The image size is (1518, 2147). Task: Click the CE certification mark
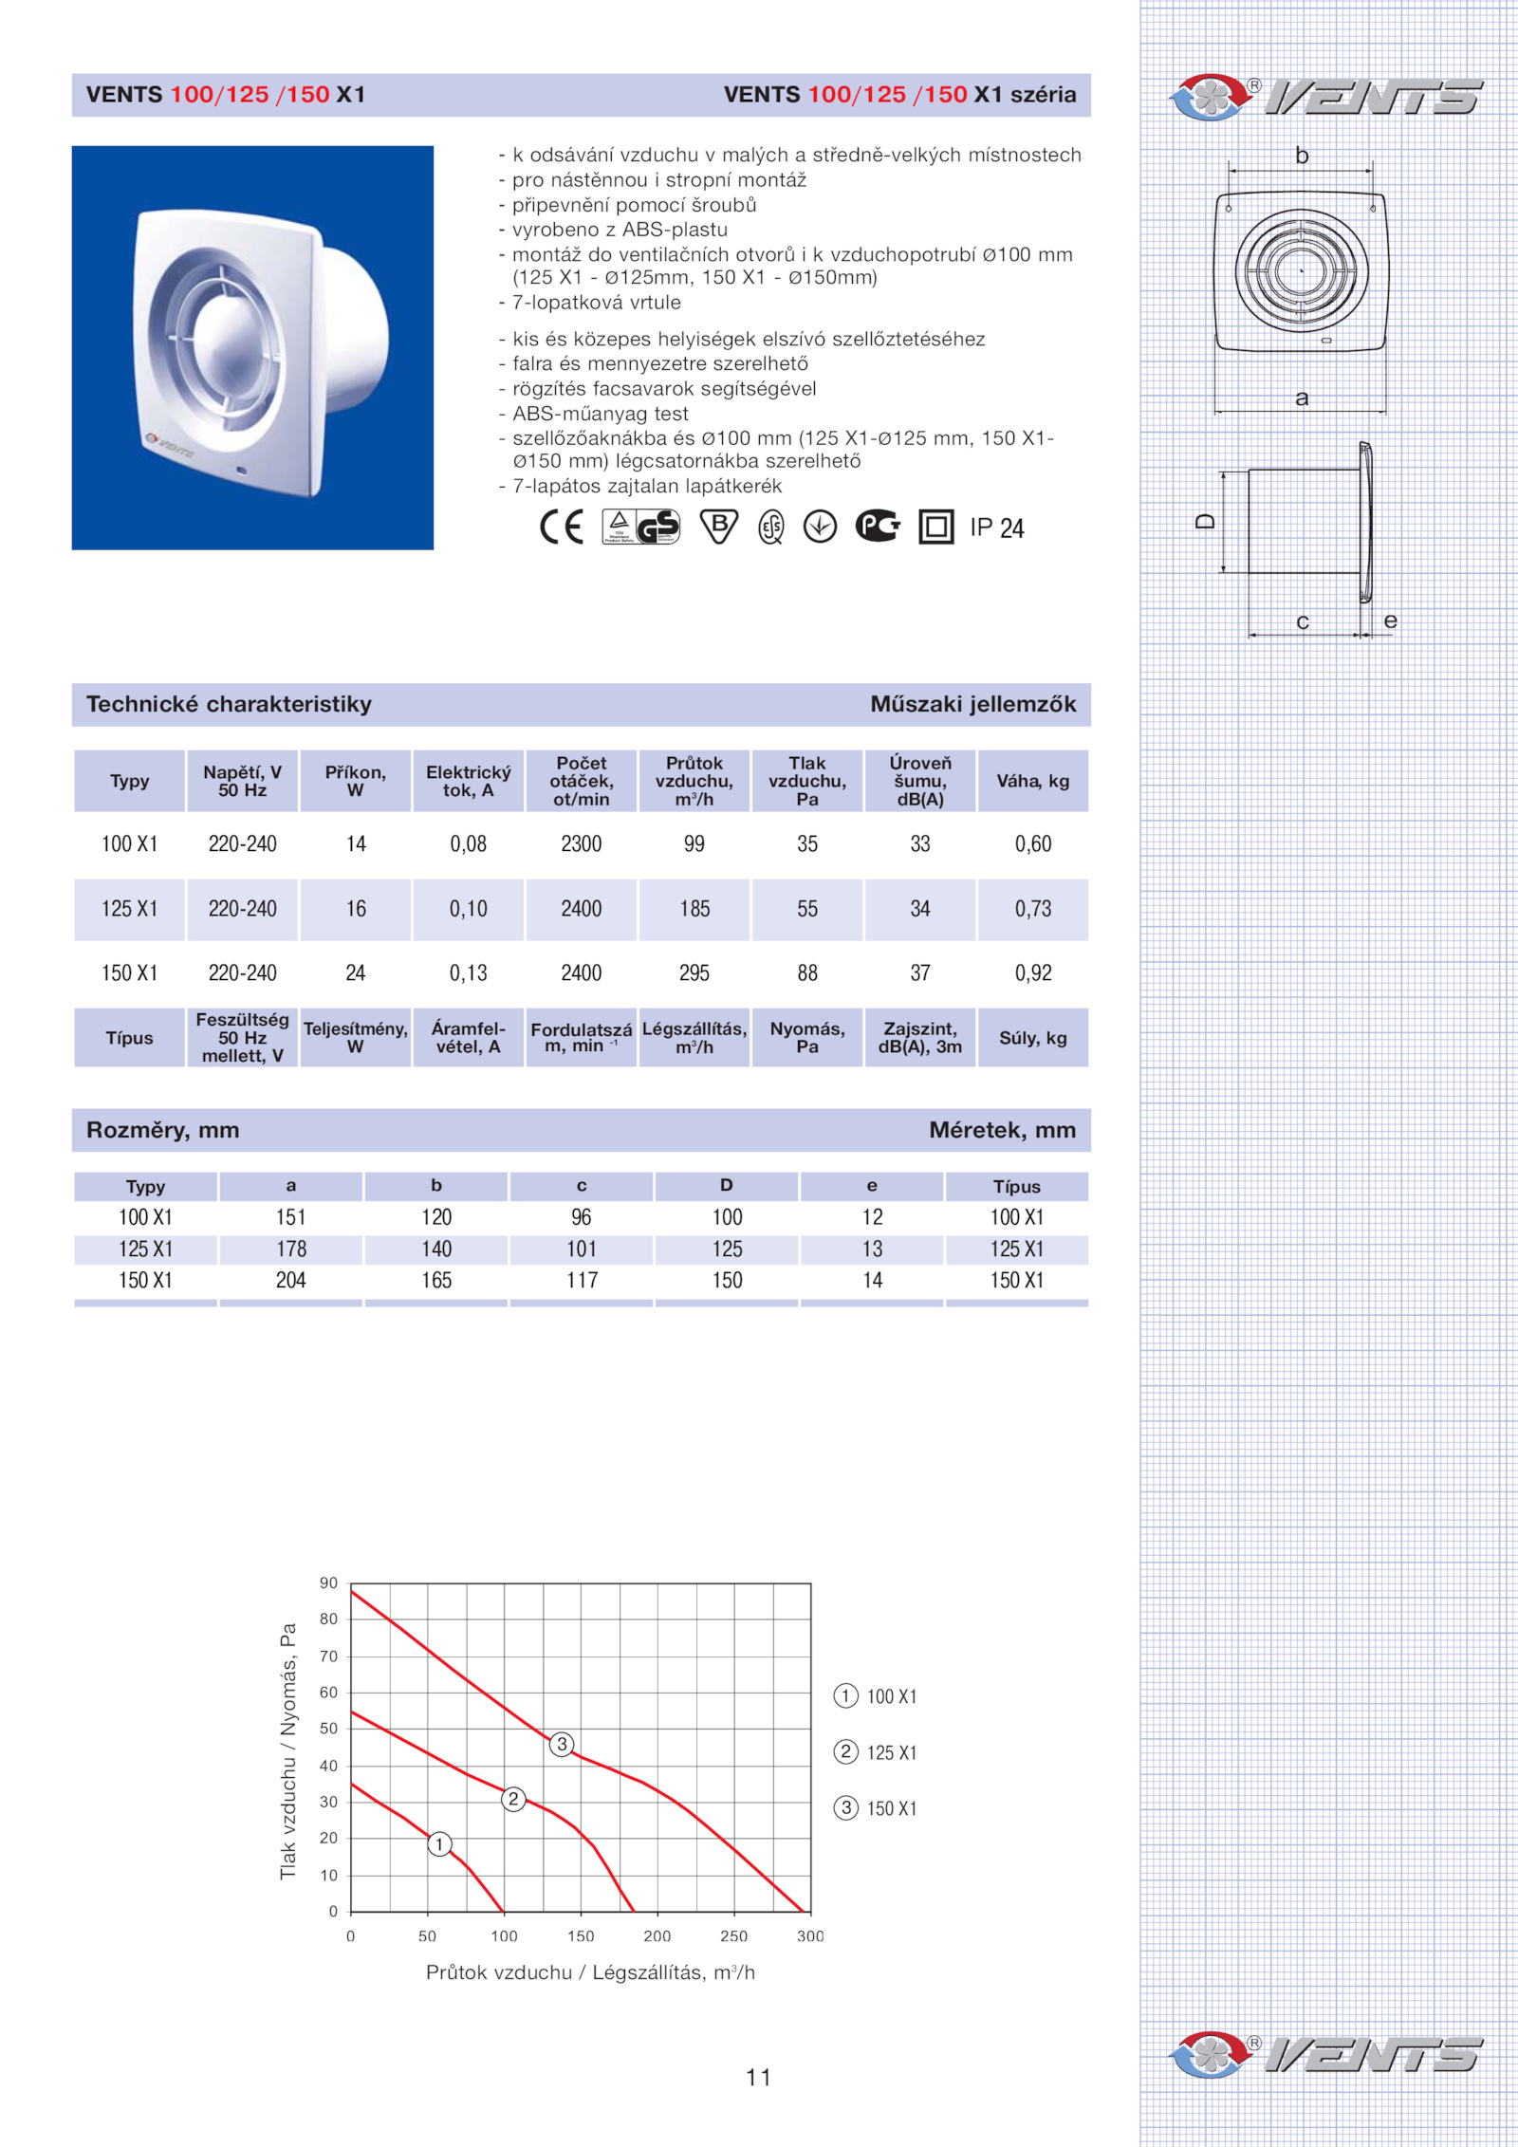[561, 527]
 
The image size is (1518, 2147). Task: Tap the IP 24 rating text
[996, 527]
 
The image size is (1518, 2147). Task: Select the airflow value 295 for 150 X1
[694, 972]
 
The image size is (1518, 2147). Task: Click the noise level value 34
[920, 909]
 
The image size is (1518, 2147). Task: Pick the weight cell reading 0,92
[1033, 972]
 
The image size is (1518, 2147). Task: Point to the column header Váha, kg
[1032, 781]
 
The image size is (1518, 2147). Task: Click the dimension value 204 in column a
[291, 1280]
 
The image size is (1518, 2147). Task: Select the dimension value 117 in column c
[582, 1280]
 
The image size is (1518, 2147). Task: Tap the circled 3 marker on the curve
[562, 1744]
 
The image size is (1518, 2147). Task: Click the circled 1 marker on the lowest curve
[439, 1844]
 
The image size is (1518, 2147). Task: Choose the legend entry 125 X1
[891, 1752]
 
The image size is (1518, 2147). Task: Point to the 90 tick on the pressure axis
[328, 1582]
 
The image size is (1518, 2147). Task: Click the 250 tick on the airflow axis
[733, 1936]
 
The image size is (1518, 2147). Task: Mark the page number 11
[758, 2078]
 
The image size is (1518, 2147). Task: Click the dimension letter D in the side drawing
[1205, 521]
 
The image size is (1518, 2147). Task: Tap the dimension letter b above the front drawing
[1302, 156]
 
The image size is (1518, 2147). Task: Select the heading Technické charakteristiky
[229, 704]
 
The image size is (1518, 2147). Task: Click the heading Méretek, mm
[1002, 1130]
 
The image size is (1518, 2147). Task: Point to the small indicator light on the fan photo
[241, 470]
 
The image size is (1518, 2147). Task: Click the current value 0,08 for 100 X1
[468, 843]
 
